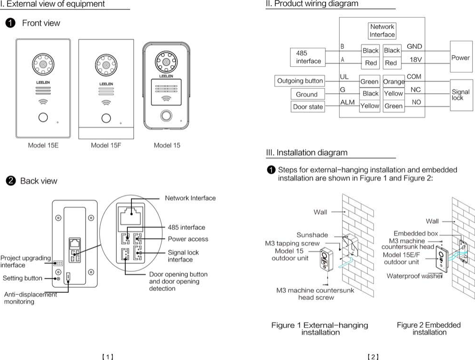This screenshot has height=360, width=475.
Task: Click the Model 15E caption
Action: tap(43, 145)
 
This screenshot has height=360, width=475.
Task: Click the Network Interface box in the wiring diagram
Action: tap(382, 31)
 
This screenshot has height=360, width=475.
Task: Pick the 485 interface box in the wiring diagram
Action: tap(308, 57)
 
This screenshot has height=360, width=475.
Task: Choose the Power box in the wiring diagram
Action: tap(460, 58)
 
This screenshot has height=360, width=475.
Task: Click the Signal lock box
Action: tap(460, 95)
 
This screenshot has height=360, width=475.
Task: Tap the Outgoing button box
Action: tap(300, 81)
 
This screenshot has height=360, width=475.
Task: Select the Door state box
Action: tap(308, 107)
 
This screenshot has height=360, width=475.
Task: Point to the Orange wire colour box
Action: tap(394, 81)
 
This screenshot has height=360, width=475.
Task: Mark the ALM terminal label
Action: tap(347, 102)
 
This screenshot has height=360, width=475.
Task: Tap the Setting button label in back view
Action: tap(22, 278)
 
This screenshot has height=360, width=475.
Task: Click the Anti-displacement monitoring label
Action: tap(30, 298)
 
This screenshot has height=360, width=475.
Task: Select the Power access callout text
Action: tap(188, 239)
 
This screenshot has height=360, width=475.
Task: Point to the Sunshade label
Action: tap(312, 235)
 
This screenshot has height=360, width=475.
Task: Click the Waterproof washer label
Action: tap(414, 276)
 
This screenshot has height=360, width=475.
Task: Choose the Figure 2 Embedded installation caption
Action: tap(429, 328)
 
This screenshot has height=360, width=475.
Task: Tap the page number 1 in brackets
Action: tap(108, 357)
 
